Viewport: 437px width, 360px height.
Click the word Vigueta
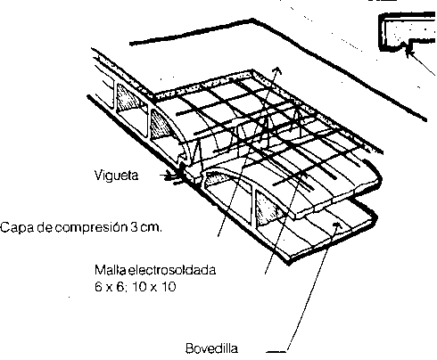[116, 176]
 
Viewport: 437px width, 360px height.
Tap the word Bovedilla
[211, 348]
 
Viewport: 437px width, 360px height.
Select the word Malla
[110, 270]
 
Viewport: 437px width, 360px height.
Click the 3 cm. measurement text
[146, 227]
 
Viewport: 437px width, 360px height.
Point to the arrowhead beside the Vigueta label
[176, 177]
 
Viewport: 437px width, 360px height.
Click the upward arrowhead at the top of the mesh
[277, 70]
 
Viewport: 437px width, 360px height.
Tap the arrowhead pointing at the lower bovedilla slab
[337, 225]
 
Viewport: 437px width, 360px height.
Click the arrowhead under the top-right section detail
[410, 53]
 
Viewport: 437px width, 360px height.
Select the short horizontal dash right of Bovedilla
[276, 352]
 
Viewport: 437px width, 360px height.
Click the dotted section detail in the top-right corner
[408, 32]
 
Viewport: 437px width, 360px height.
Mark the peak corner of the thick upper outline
[252, 20]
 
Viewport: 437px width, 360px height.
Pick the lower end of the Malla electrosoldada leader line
[265, 274]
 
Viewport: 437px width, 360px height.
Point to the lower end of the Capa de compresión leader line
[218, 236]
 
